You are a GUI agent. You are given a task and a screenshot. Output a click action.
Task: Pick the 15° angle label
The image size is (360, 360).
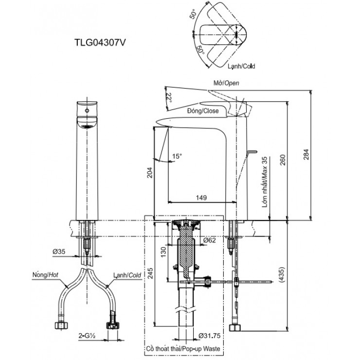177,156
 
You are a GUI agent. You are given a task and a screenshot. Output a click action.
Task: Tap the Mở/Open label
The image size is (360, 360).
226,83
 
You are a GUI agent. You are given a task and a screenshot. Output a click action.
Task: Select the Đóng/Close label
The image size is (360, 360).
203,111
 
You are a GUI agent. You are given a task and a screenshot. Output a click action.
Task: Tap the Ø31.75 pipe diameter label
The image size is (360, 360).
211,335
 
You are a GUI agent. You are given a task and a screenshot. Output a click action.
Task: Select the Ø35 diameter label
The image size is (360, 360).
60,252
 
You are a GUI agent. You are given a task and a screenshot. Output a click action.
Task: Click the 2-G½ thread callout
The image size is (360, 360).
88,335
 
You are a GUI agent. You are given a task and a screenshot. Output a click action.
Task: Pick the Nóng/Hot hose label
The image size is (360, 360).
44,275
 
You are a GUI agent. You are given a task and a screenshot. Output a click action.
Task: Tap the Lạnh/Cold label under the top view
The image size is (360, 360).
242,66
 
